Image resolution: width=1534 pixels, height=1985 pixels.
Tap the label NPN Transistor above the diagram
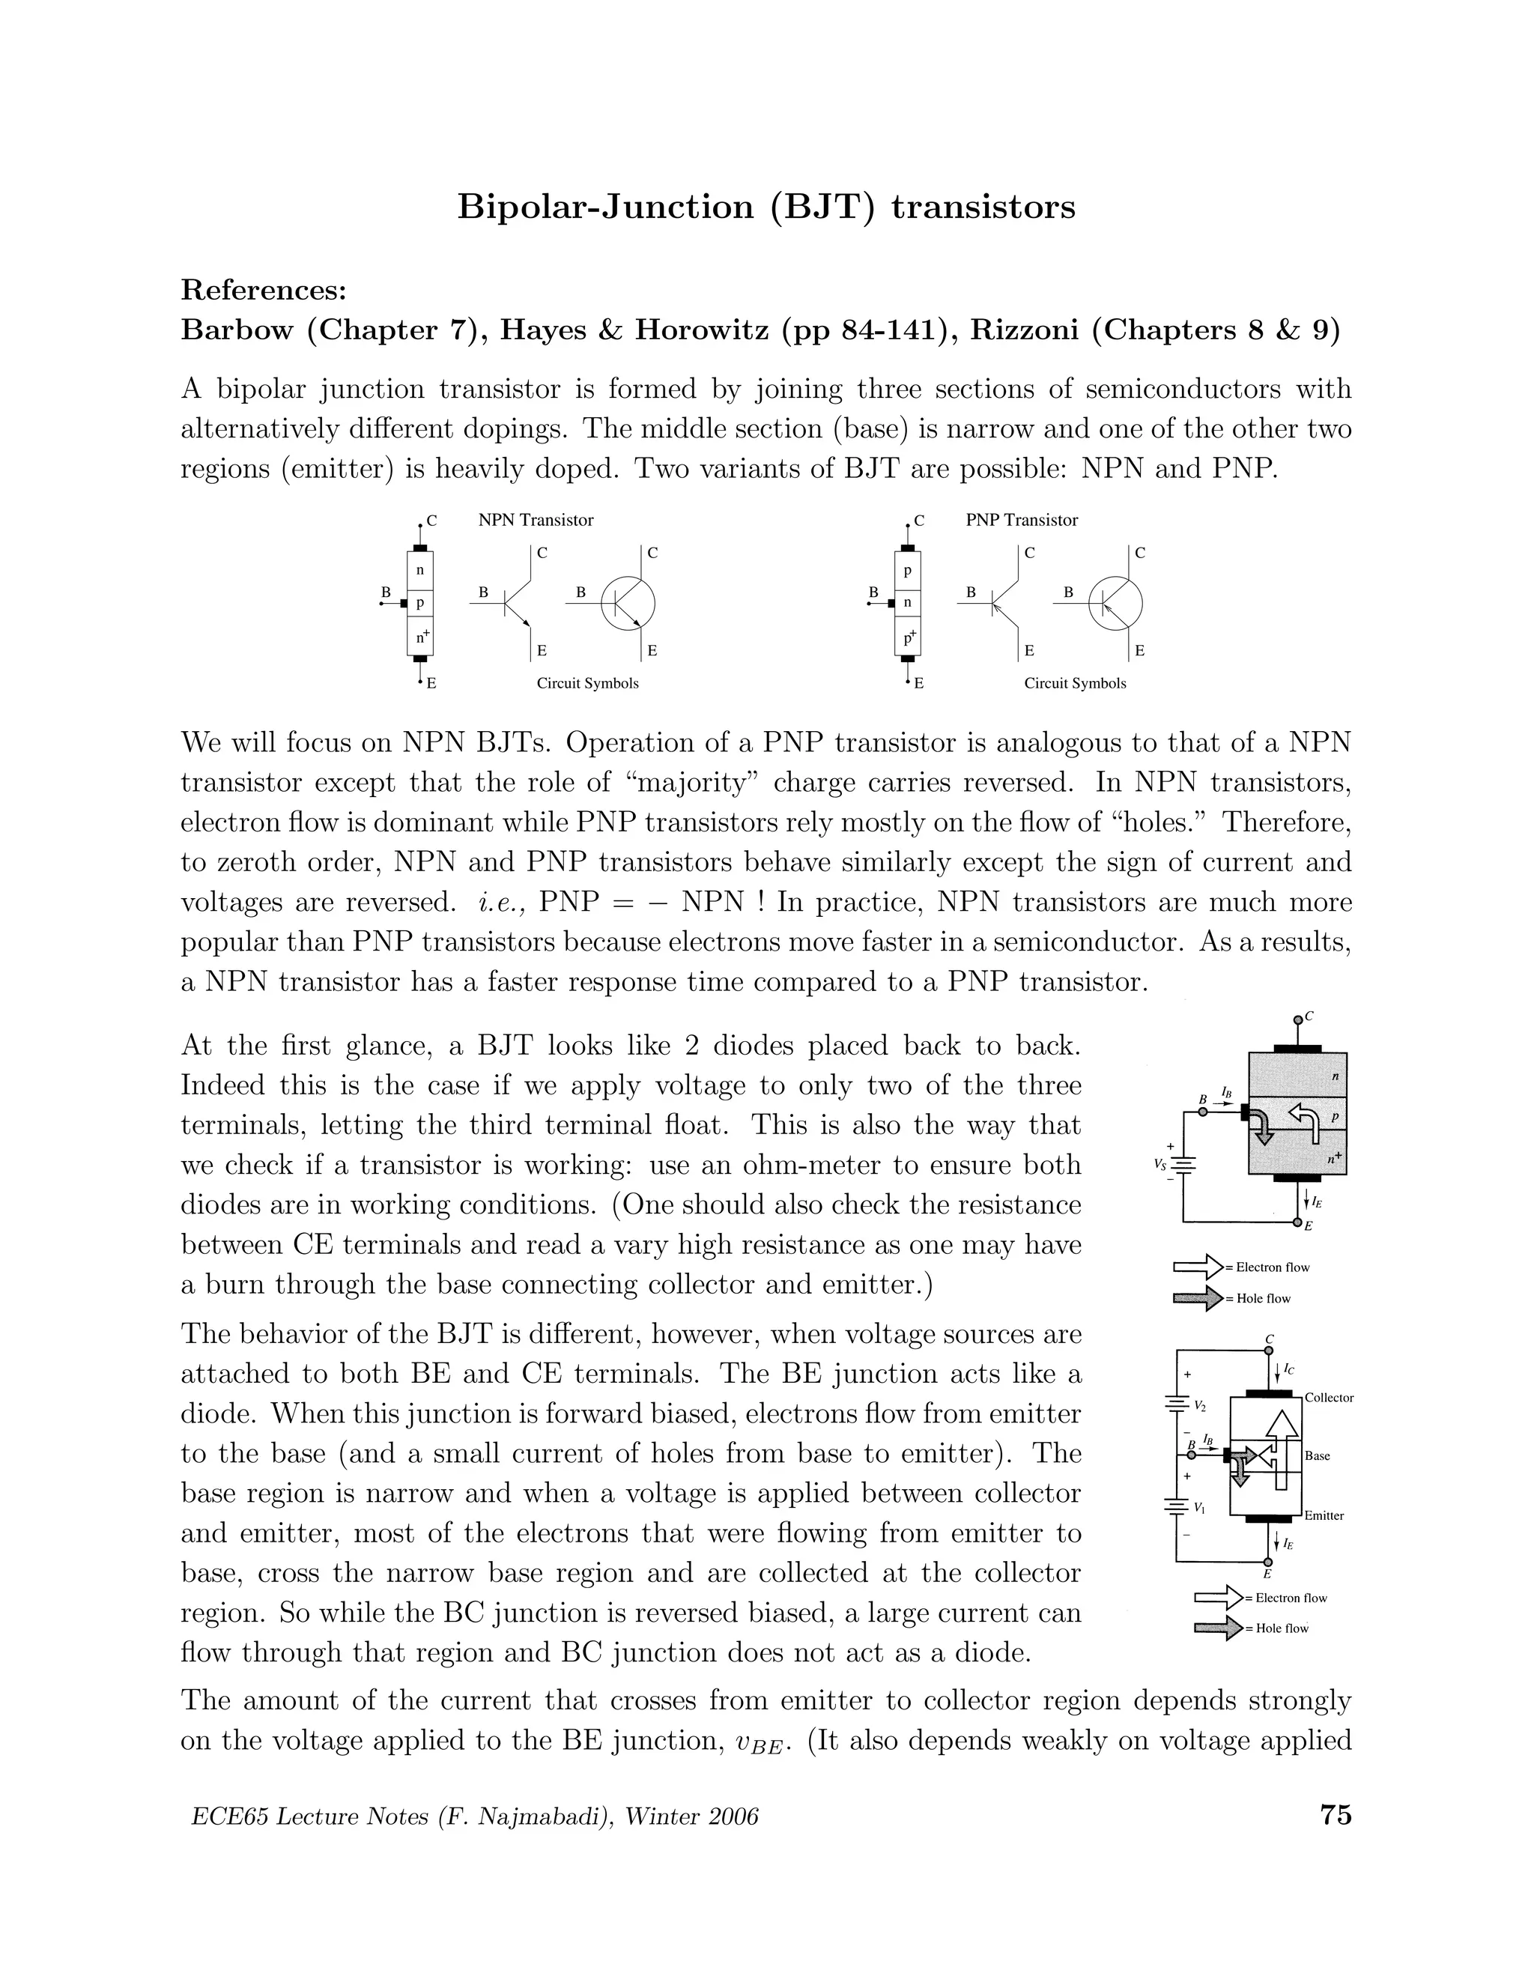[536, 520]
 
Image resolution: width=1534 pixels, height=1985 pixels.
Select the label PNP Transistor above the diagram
[1022, 520]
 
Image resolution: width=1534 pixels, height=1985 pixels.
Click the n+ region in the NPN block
[421, 637]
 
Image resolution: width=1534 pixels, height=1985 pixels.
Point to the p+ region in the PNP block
[908, 637]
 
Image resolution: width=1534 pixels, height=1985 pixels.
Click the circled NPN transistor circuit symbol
[628, 601]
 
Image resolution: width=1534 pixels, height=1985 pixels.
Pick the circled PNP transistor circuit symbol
[1115, 601]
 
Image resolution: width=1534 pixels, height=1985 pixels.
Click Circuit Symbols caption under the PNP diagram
[1074, 683]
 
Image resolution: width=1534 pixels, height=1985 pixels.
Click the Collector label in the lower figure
[1329, 1398]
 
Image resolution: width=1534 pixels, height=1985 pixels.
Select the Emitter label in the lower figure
[1324, 1516]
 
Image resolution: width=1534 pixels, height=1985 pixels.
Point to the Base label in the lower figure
[1317, 1456]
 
